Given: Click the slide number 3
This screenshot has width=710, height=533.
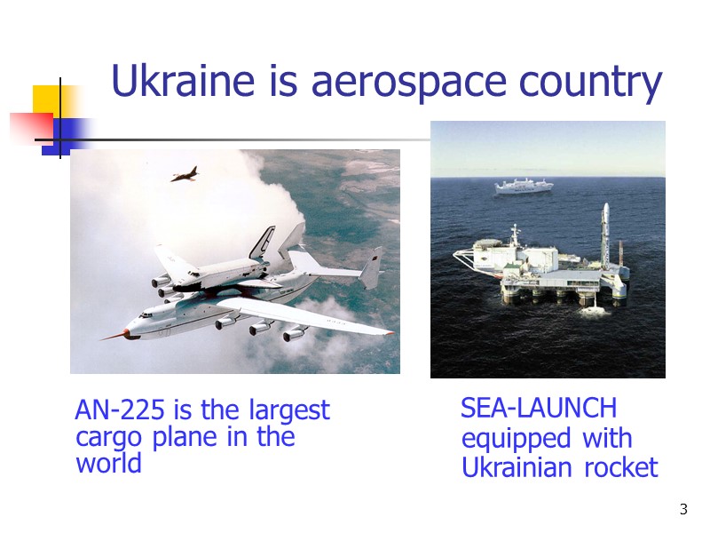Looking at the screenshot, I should (x=683, y=509).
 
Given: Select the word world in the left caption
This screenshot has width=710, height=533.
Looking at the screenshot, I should (x=108, y=464).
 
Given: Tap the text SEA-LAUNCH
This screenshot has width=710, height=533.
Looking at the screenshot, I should (x=539, y=409).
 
